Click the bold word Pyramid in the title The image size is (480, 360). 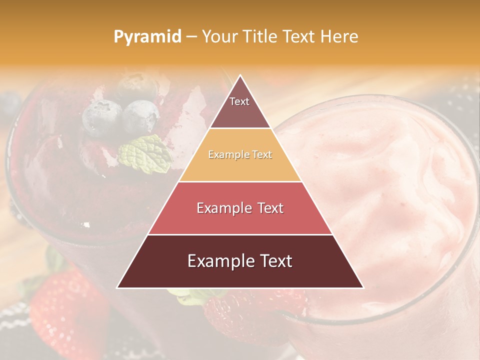[x=147, y=36]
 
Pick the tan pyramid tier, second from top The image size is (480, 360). [x=240, y=155]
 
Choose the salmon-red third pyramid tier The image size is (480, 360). [x=240, y=208]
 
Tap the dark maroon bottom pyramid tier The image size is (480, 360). [x=240, y=261]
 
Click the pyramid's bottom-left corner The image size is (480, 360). [x=117, y=287]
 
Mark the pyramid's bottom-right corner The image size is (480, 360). [x=363, y=287]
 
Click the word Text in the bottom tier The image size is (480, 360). [x=271, y=261]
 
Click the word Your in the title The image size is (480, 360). [x=218, y=36]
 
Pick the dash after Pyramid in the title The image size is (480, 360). [x=191, y=36]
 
